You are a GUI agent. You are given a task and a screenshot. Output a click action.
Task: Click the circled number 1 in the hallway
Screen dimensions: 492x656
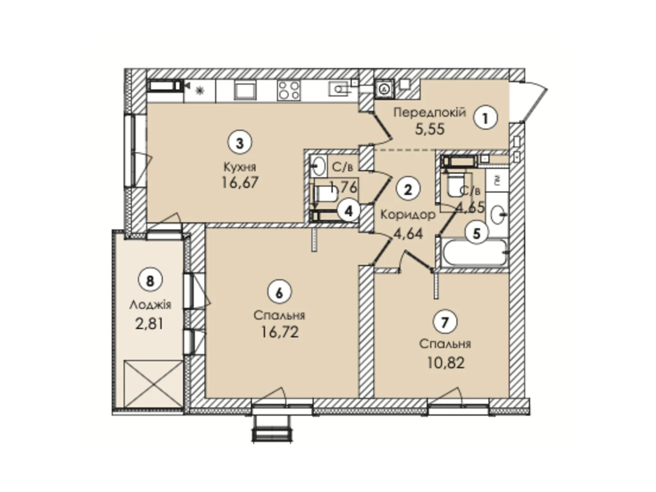[x=485, y=118]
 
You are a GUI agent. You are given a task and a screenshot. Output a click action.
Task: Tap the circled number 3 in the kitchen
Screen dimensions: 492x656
[x=239, y=143]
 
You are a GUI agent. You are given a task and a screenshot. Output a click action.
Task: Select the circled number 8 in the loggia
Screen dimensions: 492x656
[x=150, y=281]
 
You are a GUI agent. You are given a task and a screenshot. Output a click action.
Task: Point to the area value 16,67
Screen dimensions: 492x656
[x=240, y=182]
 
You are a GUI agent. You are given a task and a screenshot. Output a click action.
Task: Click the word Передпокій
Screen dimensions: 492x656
[x=429, y=112]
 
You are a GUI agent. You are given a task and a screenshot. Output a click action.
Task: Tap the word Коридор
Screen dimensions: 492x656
[x=408, y=215]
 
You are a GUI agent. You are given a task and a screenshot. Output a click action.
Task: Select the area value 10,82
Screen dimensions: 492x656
[x=446, y=363]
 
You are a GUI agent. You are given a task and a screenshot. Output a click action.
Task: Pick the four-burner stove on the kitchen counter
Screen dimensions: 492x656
[x=289, y=91]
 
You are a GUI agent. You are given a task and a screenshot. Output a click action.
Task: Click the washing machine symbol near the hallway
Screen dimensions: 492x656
[x=384, y=89]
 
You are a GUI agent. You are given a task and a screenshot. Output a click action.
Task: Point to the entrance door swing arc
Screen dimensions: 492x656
[x=533, y=98]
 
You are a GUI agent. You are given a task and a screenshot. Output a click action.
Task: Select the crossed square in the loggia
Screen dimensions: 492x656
[x=153, y=384]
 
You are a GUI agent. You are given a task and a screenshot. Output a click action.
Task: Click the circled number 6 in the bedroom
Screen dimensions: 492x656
[x=279, y=293]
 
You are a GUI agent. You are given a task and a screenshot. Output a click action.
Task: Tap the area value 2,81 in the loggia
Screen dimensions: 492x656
[x=150, y=324]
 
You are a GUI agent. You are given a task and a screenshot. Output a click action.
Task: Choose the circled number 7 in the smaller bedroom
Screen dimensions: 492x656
[x=445, y=323]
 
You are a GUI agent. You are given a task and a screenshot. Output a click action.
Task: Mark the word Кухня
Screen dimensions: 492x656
[x=239, y=167]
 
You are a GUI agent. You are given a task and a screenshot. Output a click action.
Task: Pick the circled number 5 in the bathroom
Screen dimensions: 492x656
[x=476, y=233]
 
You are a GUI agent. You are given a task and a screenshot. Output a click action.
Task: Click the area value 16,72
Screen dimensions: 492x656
[x=280, y=332]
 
